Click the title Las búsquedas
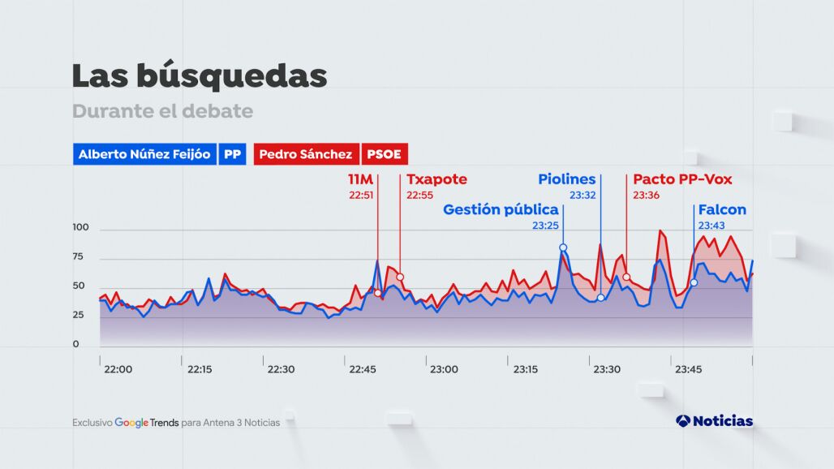200,75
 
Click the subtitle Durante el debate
162,111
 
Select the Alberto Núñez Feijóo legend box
144,154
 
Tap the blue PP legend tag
232,154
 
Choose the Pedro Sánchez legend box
306,154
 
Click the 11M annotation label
361,179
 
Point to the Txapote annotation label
436,179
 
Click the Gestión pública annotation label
501,210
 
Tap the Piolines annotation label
567,179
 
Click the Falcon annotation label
722,210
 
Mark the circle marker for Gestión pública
563,247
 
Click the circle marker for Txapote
400,278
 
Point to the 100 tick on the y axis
80,229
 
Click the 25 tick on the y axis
78,315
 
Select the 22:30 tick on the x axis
282,369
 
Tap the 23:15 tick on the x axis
526,369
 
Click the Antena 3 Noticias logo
714,421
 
